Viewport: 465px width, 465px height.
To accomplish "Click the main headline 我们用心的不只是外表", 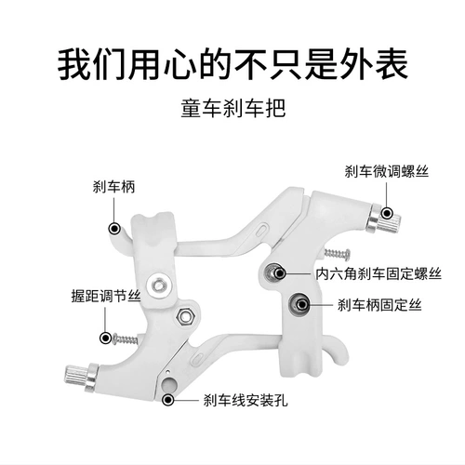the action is [232, 66].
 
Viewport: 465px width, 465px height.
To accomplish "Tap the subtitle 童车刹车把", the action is [232, 108].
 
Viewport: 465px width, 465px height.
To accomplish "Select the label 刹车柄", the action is [113, 187].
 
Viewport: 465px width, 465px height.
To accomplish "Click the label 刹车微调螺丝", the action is [387, 171].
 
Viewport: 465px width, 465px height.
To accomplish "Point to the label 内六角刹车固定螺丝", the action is [379, 273].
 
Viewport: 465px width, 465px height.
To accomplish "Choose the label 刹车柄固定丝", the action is [379, 305].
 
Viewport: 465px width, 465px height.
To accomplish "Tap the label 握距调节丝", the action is [106, 296].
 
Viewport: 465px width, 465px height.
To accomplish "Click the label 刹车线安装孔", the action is [246, 400].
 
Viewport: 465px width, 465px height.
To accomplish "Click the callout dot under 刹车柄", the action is [114, 229].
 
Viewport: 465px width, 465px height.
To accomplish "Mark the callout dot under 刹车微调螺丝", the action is [387, 213].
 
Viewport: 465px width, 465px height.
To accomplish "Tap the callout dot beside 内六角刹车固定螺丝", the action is [281, 273].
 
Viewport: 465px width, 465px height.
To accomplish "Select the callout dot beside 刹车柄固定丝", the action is [302, 305].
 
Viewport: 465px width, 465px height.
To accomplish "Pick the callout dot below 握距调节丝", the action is [105, 338].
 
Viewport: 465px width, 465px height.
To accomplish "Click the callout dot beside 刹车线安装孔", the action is [168, 400].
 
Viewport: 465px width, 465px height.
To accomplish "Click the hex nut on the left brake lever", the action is [185, 315].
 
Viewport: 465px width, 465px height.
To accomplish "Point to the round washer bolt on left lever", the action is [159, 284].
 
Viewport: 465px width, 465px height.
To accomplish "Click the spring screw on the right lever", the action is [338, 254].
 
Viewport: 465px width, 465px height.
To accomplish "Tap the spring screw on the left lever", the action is [126, 339].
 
